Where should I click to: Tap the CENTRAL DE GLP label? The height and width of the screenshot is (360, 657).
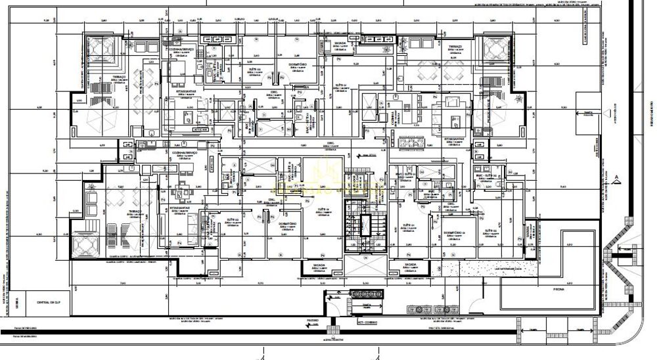click(45, 302)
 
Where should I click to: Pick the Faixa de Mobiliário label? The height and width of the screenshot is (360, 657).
click(26, 336)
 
